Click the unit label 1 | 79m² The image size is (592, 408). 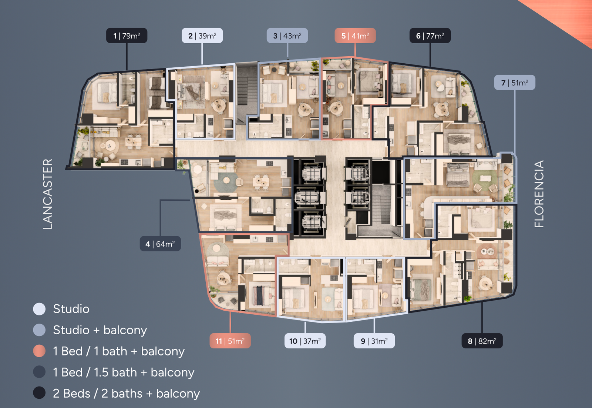(127, 36)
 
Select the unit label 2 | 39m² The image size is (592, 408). (202, 36)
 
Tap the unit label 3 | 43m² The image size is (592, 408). (287, 36)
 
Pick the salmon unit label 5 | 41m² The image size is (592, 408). (355, 36)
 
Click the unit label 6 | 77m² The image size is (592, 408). (430, 36)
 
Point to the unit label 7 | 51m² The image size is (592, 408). (515, 83)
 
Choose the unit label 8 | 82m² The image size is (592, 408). (482, 341)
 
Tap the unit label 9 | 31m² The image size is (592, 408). (374, 341)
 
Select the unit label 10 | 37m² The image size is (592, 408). (305, 341)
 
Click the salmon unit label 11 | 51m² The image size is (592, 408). (230, 341)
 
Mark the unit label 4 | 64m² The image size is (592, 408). (160, 244)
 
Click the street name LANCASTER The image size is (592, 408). (48, 194)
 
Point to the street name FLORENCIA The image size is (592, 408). (539, 194)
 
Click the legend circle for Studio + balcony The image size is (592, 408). (39, 330)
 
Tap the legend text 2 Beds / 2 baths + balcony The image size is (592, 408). (126, 394)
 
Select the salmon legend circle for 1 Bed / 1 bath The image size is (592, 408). (39, 351)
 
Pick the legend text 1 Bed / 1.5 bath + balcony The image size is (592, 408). (124, 372)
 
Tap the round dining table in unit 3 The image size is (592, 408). (305, 108)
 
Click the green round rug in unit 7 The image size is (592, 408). (485, 180)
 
